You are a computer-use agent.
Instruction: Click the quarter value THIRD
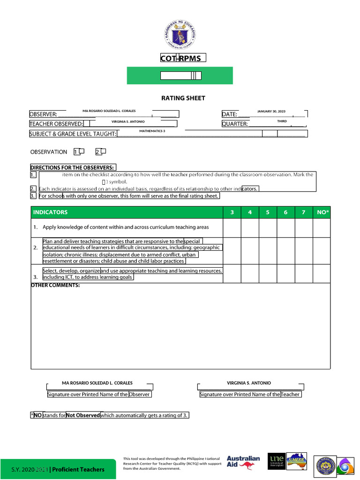tap(282, 121)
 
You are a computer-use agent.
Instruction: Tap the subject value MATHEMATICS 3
tap(152, 131)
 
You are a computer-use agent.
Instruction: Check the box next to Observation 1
tap(82, 151)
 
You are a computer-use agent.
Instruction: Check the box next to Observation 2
tap(104, 151)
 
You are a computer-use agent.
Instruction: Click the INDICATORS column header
tap(50, 212)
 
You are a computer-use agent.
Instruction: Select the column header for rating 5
tap(268, 212)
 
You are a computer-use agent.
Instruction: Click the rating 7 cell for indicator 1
tap(304, 228)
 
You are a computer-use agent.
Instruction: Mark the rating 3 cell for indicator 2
tap(232, 251)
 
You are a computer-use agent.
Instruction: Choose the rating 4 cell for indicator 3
tap(250, 274)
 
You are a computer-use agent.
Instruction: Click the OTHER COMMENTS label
tap(55, 285)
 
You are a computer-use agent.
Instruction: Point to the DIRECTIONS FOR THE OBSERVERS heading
tap(72, 167)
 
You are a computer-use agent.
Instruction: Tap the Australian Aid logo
tap(243, 462)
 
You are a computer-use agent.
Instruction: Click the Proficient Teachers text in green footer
tap(78, 469)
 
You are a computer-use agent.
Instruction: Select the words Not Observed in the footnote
tap(83, 415)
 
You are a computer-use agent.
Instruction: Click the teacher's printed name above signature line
tap(249, 383)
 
